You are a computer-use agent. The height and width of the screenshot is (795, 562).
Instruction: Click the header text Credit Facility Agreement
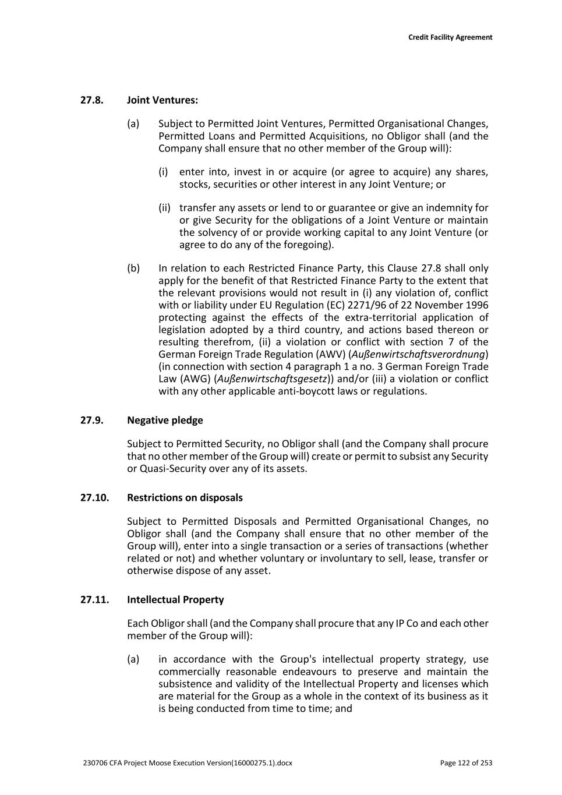(450, 37)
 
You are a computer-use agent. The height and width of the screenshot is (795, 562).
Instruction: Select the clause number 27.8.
(91, 100)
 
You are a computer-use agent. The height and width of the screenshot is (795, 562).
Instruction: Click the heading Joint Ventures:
(162, 100)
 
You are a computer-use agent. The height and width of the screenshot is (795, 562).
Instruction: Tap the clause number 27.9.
(91, 421)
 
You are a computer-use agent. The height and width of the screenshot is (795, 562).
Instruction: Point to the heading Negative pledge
(165, 421)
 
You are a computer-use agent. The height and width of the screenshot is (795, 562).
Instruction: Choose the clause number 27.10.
(94, 498)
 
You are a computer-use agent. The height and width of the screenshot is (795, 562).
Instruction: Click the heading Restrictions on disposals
(185, 498)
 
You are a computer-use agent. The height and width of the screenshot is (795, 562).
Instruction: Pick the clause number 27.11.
(94, 600)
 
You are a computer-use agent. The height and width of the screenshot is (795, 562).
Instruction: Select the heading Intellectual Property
(175, 600)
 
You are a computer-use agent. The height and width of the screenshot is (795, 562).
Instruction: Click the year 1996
(477, 305)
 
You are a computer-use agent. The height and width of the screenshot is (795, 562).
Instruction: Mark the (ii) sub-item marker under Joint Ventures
(165, 208)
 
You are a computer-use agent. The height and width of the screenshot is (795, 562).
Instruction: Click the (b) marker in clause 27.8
(133, 268)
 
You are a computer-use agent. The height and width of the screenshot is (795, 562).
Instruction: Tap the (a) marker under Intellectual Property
(133, 659)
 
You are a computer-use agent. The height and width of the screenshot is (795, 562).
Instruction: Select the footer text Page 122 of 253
(466, 763)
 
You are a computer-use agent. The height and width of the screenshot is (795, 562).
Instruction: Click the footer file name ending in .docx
(188, 763)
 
